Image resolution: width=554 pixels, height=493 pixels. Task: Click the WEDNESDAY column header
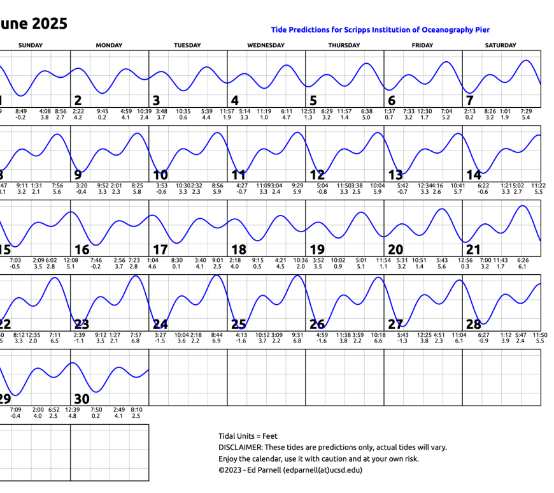266,45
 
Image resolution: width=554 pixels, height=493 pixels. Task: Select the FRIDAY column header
422,45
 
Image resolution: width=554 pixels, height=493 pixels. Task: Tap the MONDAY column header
109,45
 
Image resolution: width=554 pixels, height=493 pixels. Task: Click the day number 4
234,101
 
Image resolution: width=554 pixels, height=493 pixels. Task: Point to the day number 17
160,249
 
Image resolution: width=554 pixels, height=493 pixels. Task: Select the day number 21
473,249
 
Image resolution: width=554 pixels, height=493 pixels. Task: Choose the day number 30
82,399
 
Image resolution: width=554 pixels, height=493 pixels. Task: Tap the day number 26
317,325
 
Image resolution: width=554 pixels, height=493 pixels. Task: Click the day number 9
78,175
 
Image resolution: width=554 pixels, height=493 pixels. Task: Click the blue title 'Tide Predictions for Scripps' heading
380,30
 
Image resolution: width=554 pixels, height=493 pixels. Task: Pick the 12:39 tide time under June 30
72,409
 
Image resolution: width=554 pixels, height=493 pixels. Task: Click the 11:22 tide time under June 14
538,185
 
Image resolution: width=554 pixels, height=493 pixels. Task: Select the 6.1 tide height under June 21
523,267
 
